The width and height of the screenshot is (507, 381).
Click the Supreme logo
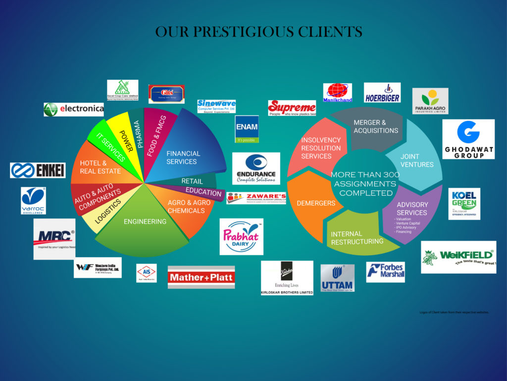click(292, 108)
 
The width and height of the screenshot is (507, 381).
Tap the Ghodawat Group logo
click(468, 139)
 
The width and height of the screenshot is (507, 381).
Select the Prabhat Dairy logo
click(241, 237)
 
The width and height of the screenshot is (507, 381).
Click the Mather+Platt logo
click(201, 277)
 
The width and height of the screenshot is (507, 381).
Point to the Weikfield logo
click(458, 257)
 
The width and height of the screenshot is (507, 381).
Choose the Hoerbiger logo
click(382, 92)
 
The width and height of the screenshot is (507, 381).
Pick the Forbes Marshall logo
click(385, 272)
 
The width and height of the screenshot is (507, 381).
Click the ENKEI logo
click(38, 170)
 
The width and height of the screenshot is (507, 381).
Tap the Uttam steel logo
click(337, 278)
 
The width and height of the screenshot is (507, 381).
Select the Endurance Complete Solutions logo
click(256, 168)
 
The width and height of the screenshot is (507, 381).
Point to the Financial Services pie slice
click(186, 151)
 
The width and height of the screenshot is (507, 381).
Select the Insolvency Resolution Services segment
click(317, 149)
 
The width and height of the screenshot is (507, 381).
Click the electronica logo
click(74, 109)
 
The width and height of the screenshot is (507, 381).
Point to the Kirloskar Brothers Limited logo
click(287, 278)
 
